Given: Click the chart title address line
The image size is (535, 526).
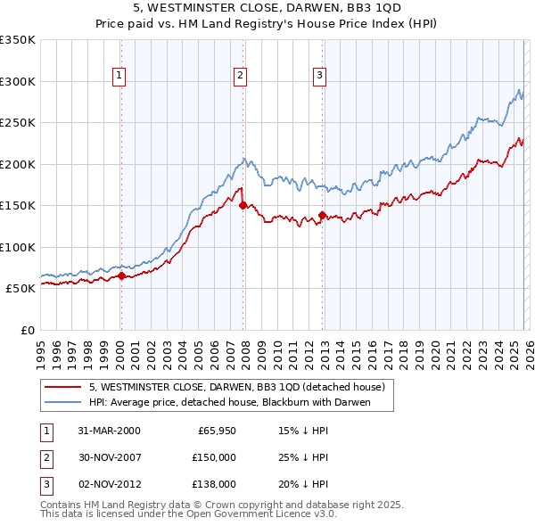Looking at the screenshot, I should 267,8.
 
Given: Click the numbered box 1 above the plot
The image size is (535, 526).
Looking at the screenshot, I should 119,77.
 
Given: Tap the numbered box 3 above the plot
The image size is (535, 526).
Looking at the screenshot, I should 319,77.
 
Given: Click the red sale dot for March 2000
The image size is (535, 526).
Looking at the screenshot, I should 122,275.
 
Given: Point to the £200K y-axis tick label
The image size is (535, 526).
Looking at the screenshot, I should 18,164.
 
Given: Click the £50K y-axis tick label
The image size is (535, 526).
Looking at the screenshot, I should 21,289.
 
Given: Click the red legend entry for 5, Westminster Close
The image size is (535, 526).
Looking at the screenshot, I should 236,387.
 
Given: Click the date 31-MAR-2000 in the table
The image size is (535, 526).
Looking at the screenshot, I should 109,431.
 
